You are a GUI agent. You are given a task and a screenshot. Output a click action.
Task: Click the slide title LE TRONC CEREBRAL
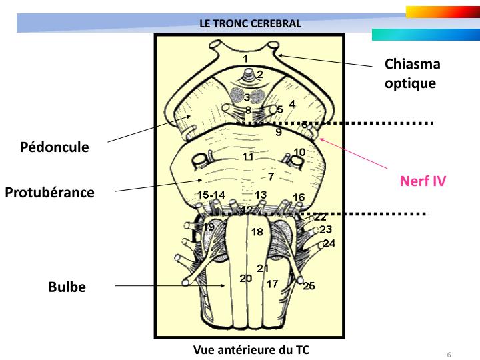pyautogui.click(x=251, y=23)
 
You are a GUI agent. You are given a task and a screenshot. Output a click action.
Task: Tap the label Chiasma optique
pyautogui.click(x=413, y=73)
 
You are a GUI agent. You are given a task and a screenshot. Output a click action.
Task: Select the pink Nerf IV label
pyautogui.click(x=423, y=180)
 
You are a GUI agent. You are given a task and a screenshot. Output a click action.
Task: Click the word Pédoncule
pyautogui.click(x=54, y=147)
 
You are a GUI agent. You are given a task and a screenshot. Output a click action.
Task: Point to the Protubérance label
pyautogui.click(x=49, y=193)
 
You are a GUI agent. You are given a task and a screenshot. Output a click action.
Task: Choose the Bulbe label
pyautogui.click(x=67, y=287)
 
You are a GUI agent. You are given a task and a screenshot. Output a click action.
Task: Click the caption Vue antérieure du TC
pyautogui.click(x=251, y=349)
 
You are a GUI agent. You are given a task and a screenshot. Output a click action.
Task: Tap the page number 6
pyautogui.click(x=449, y=354)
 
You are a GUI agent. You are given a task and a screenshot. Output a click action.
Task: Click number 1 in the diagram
pyautogui.click(x=245, y=59)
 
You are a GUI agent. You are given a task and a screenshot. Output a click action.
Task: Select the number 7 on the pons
pyautogui.click(x=271, y=177)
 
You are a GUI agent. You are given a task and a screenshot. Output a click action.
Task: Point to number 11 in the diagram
pyautogui.click(x=247, y=157)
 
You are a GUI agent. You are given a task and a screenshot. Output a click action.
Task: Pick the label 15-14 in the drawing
pyautogui.click(x=212, y=194)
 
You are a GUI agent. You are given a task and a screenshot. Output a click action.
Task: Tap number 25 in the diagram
pyautogui.click(x=309, y=286)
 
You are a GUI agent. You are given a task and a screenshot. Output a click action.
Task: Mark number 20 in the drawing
pyautogui.click(x=245, y=278)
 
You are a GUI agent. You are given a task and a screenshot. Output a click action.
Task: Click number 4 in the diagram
pyautogui.click(x=291, y=103)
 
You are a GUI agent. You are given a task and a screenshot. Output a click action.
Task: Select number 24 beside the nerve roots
pyautogui.click(x=329, y=243)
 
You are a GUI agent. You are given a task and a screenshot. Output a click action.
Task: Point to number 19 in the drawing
pyautogui.click(x=209, y=227)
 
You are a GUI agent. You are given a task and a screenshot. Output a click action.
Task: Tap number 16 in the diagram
pyautogui.click(x=299, y=197)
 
